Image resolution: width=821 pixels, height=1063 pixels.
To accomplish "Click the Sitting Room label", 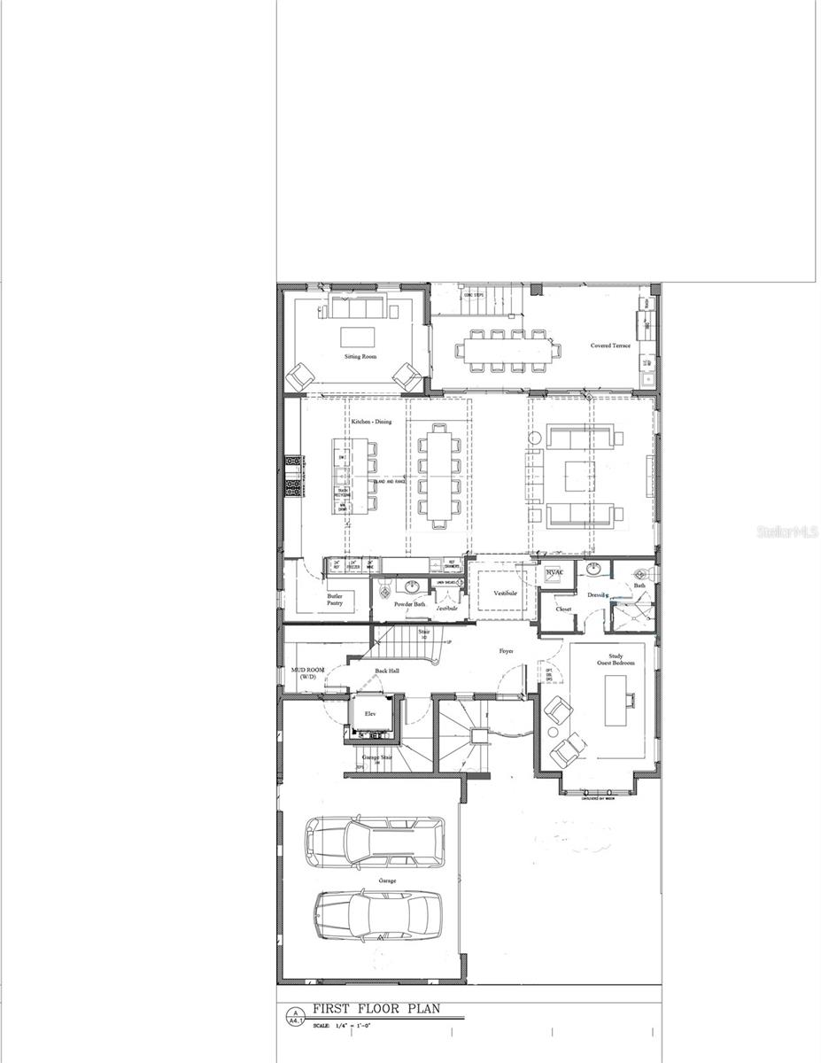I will (x=360, y=356).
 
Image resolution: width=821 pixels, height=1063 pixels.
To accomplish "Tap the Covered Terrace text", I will (x=610, y=345).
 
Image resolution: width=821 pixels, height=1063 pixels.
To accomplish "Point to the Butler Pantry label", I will (x=335, y=600).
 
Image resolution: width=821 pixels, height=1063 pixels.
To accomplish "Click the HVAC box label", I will (x=555, y=573).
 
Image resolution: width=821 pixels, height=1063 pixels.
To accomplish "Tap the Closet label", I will (x=563, y=609).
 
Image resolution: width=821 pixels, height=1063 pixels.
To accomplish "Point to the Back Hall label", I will (x=387, y=671).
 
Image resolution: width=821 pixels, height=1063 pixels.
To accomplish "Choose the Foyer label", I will (x=506, y=651).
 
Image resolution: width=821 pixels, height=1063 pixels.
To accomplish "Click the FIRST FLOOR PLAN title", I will (x=375, y=1009).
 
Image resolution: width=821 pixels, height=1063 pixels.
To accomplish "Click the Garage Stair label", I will (x=377, y=758).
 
